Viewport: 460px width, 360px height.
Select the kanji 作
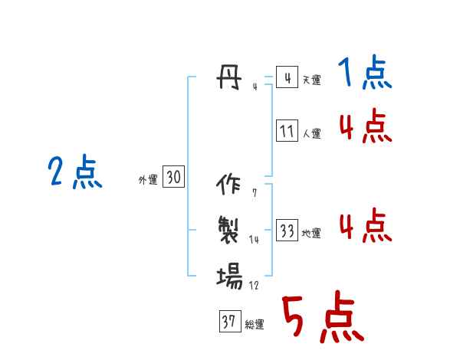pyautogui.click(x=229, y=185)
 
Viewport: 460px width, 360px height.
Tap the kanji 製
pyautogui.click(x=229, y=228)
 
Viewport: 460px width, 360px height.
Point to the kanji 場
pyautogui.click(x=229, y=274)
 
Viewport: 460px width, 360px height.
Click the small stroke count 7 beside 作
pyautogui.click(x=254, y=193)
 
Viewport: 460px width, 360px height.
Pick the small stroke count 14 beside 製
pyautogui.click(x=255, y=239)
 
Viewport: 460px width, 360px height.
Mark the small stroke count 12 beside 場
pyautogui.click(x=255, y=285)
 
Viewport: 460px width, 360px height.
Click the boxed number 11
pyautogui.click(x=287, y=131)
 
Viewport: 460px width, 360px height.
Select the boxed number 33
pyautogui.click(x=287, y=231)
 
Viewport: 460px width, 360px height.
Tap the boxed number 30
pyautogui.click(x=173, y=177)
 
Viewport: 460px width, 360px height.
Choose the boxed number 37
pyautogui.click(x=228, y=322)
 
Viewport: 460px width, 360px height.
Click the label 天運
pyautogui.click(x=311, y=80)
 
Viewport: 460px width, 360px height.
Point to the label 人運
pyautogui.click(x=311, y=133)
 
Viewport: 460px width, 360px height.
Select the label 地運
pyautogui.click(x=311, y=233)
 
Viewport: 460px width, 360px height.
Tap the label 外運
pyautogui.click(x=148, y=180)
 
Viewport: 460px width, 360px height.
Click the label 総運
pyautogui.click(x=255, y=324)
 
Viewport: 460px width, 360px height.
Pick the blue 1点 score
pyautogui.click(x=364, y=74)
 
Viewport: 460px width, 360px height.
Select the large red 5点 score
pyautogui.click(x=321, y=318)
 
